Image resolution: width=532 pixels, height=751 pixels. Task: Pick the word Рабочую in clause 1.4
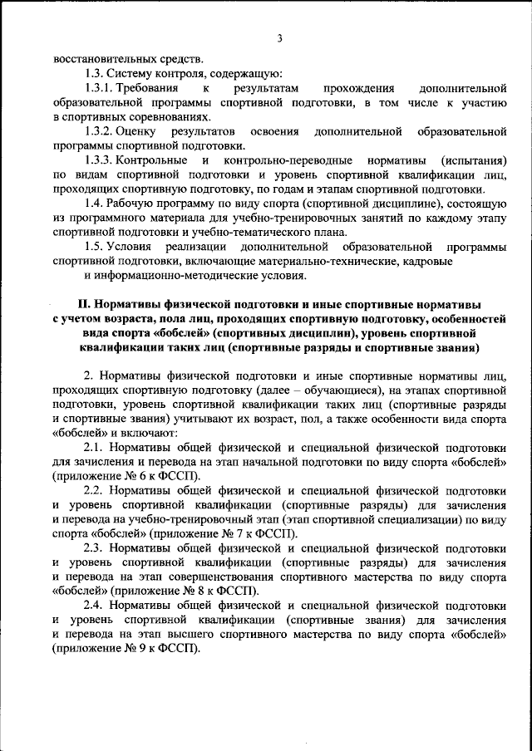tap(135, 204)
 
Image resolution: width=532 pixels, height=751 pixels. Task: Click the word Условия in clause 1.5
tap(133, 247)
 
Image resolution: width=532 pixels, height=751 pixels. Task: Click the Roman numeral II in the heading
tap(95, 305)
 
